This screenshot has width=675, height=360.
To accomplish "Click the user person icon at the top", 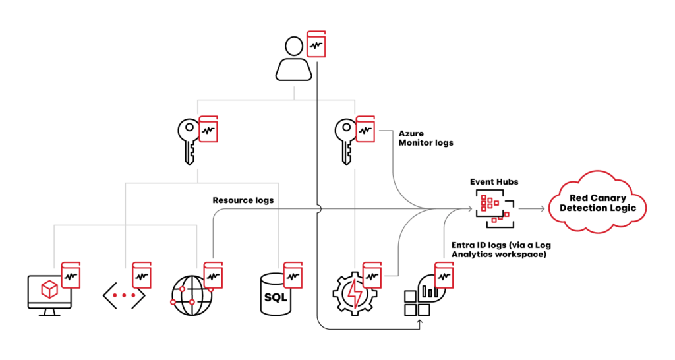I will pos(293,59).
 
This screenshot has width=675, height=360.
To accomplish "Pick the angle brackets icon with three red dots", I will pos(123,295).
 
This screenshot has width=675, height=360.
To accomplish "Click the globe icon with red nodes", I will pos(192,295).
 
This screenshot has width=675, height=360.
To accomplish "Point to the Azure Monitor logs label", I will pos(425,138).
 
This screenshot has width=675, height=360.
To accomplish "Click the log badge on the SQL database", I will pos(293,275).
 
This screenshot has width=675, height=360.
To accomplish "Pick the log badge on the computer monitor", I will pos(71,275).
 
